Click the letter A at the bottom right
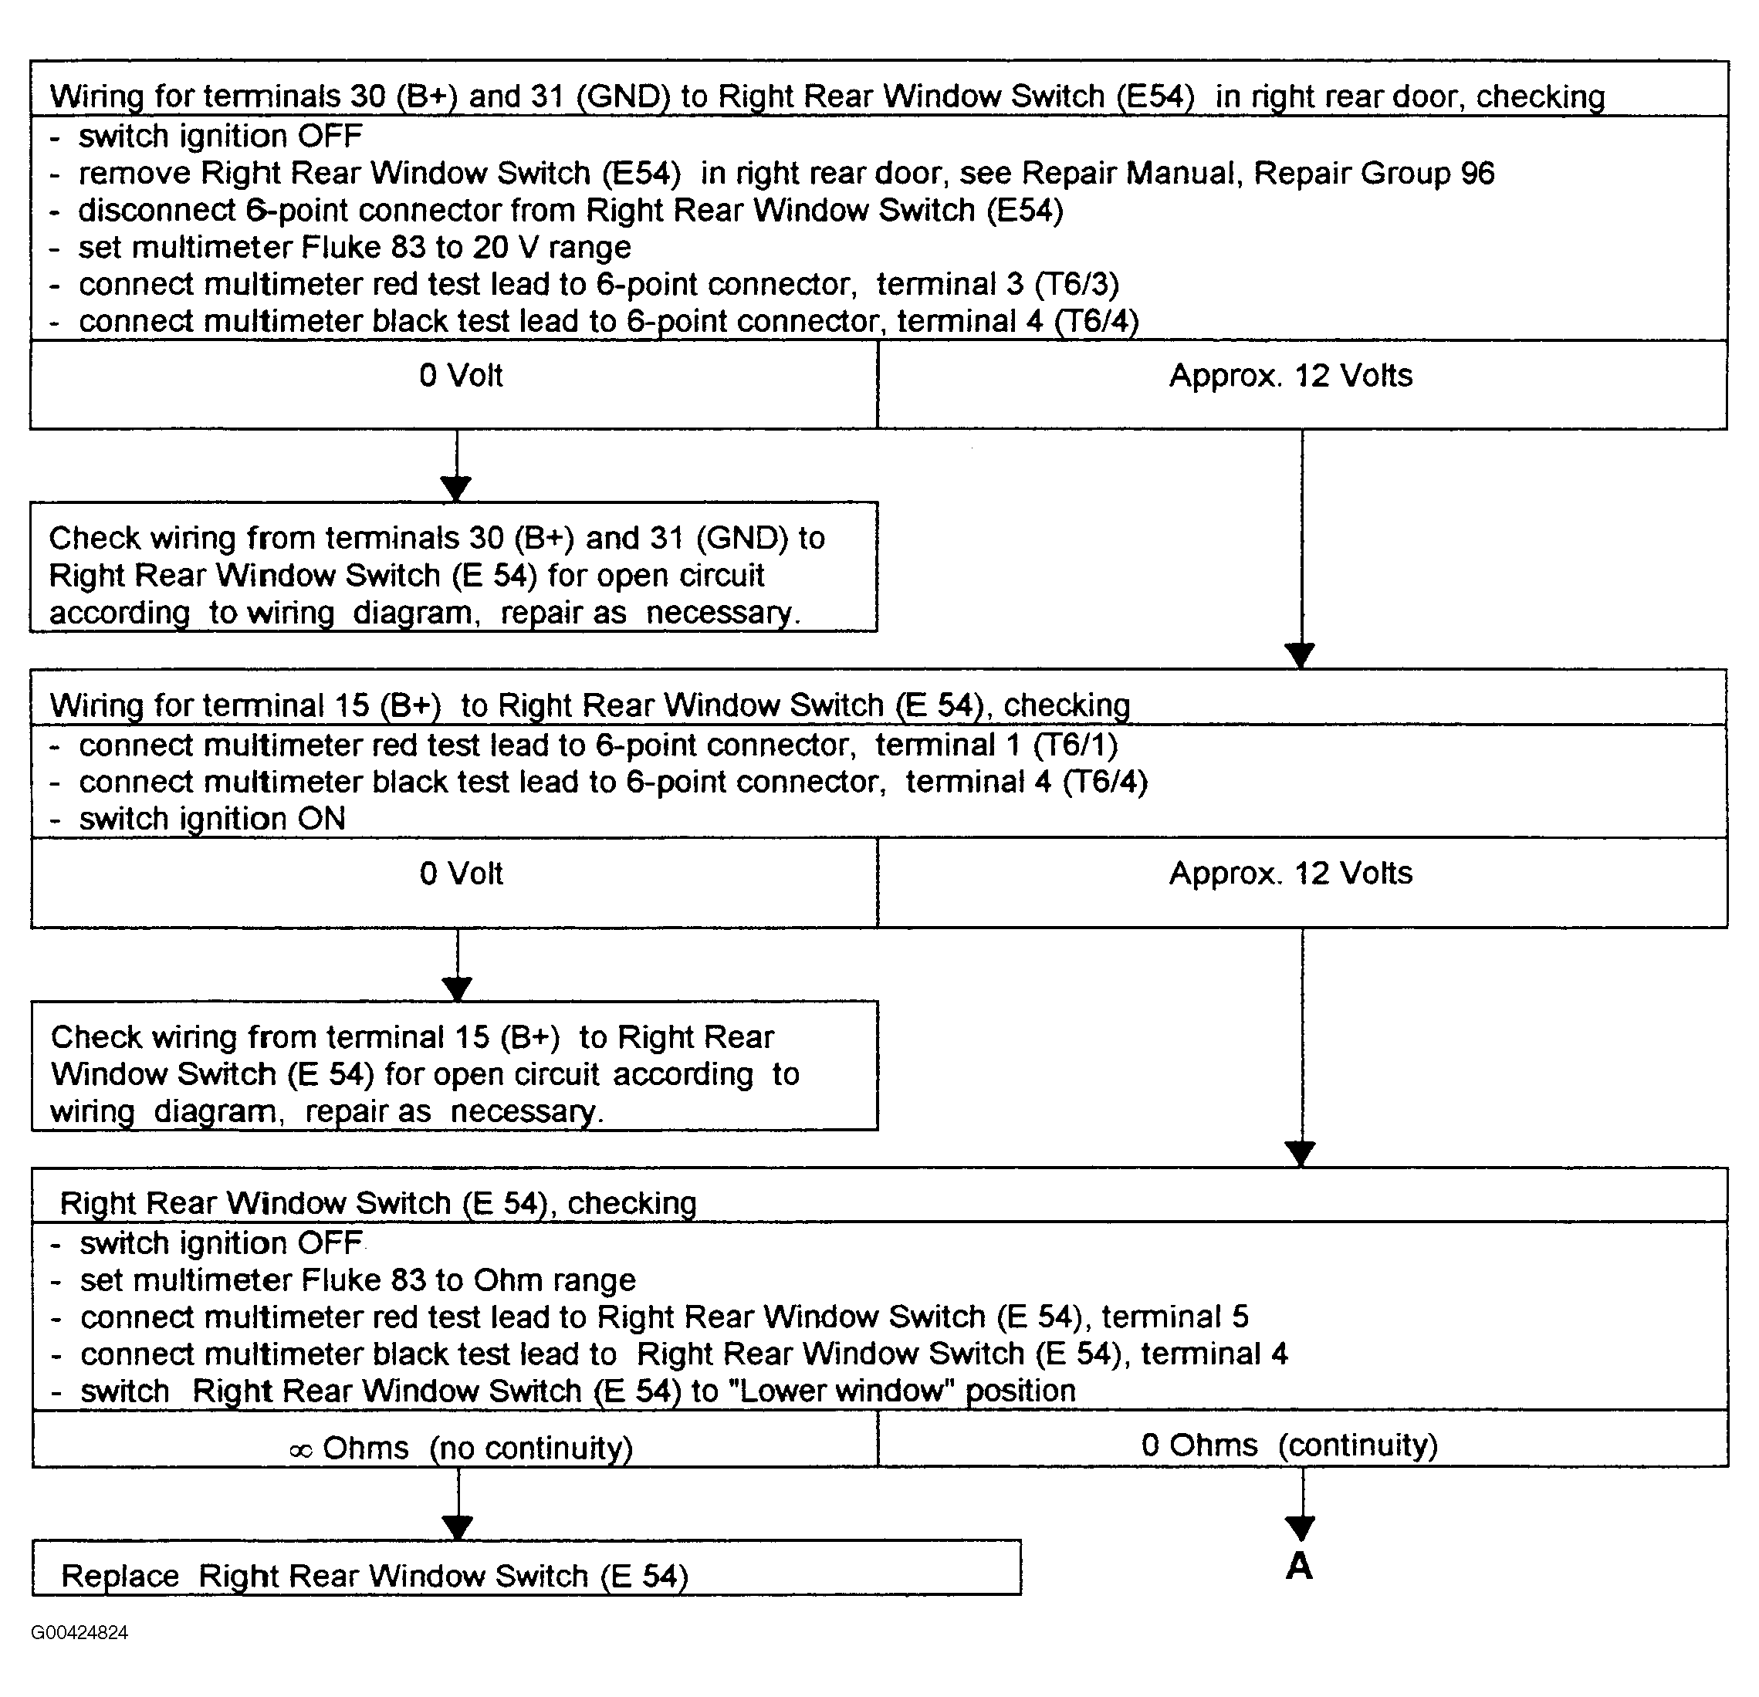click(x=1300, y=1565)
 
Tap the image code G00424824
click(x=79, y=1632)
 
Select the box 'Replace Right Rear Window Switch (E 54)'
click(x=527, y=1568)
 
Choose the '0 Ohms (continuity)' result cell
click(x=1303, y=1438)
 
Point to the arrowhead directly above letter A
click(x=1301, y=1528)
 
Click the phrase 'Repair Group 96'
click(x=1374, y=172)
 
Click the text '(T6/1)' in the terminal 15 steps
click(x=1075, y=745)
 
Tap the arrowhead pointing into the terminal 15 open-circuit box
click(x=458, y=989)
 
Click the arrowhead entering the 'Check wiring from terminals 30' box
click(x=457, y=489)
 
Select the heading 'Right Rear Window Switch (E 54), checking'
click(x=378, y=1202)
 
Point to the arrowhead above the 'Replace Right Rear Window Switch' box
click(x=458, y=1527)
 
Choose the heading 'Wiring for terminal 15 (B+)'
click(x=245, y=705)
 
